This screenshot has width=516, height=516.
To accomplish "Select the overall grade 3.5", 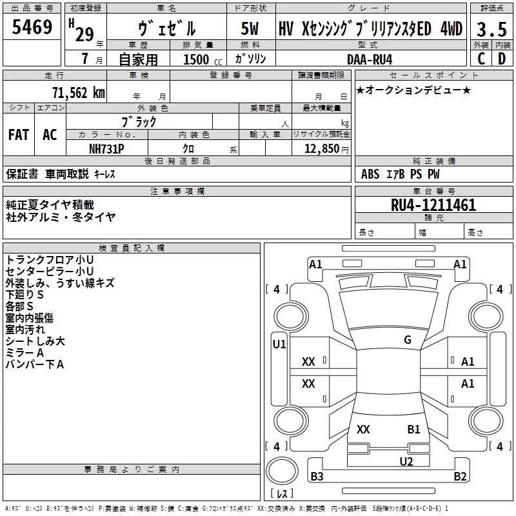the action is coord(491,30).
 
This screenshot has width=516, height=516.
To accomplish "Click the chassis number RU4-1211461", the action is coord(433,206).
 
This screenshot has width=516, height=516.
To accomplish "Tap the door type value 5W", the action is coord(250,29).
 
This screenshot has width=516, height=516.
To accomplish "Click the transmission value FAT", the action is coord(18,134).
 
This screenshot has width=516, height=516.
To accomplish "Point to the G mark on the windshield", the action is coord(407,340).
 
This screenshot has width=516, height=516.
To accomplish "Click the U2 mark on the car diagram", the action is coord(406,461).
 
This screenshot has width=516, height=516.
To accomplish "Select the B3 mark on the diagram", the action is coord(317,477).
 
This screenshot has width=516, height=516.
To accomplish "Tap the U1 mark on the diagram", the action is coord(279,344).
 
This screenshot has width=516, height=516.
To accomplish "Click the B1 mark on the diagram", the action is coord(413,429).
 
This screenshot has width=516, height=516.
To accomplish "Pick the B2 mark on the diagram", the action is coord(460,477).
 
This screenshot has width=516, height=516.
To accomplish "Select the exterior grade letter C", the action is coord(481,59).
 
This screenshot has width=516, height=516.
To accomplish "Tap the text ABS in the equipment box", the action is coord(370,174).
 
